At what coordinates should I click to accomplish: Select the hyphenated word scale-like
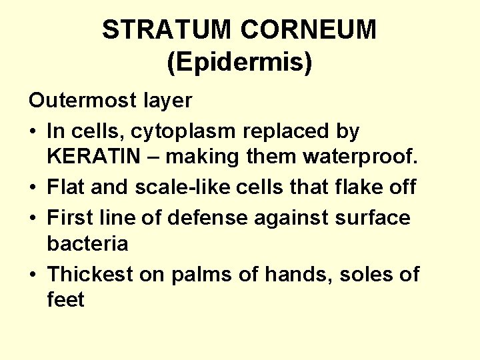point(176,187)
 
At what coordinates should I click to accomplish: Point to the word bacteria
point(87,244)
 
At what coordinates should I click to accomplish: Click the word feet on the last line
point(66,301)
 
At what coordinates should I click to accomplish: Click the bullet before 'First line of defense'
point(33,217)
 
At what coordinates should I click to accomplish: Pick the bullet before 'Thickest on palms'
point(33,275)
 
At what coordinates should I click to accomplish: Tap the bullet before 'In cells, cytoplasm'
point(33,132)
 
